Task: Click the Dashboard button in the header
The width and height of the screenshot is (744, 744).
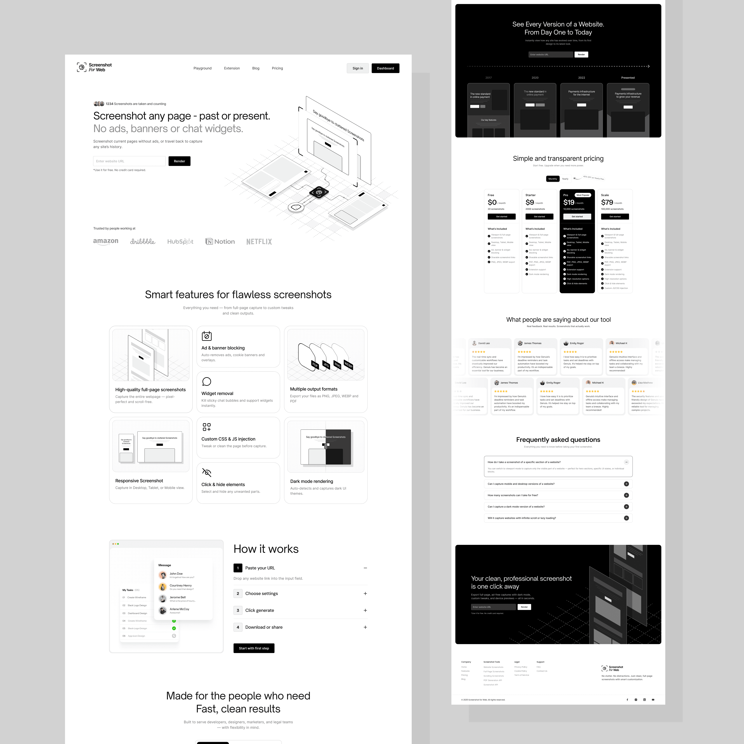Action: pyautogui.click(x=385, y=68)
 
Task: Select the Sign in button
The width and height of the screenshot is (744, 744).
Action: pyautogui.click(x=357, y=68)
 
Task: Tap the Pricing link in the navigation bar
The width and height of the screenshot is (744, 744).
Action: pyautogui.click(x=277, y=68)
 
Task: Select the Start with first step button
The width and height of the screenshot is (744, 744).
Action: pyautogui.click(x=254, y=648)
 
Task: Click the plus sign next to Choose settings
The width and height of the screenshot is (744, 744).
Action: pyautogui.click(x=365, y=593)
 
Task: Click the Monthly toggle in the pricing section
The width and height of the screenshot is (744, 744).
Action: pyautogui.click(x=553, y=179)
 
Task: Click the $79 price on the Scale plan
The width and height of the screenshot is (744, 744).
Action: pyautogui.click(x=607, y=203)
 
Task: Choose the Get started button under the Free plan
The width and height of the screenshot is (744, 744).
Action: pyautogui.click(x=501, y=216)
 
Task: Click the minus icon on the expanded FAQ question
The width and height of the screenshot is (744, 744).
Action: pyautogui.click(x=626, y=462)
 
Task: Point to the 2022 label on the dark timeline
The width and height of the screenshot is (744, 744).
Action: pyautogui.click(x=581, y=78)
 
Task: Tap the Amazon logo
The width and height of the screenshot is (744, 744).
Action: pyautogui.click(x=106, y=241)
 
